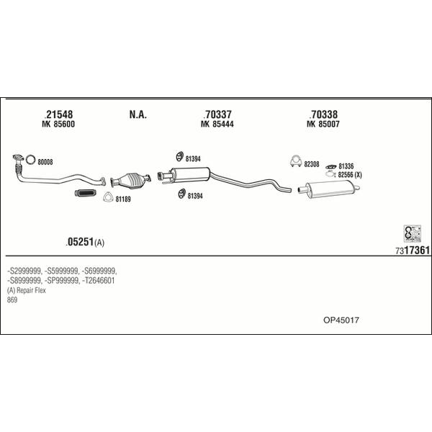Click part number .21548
click(58, 114)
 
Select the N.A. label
click(138, 114)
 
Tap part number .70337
click(217, 114)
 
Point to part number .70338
click(323, 114)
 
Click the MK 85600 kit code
click(58, 124)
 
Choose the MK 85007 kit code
click(323, 124)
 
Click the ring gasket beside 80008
click(30, 160)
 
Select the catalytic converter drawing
click(130, 181)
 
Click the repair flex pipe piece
click(86, 194)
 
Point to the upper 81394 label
click(193, 159)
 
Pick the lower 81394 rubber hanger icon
click(181, 194)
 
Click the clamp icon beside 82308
click(296, 161)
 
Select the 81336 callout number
click(346, 166)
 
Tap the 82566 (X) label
click(350, 175)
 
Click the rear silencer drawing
click(329, 189)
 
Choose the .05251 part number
click(80, 242)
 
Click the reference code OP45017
click(341, 320)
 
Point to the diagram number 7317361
click(413, 250)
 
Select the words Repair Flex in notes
click(31, 290)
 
